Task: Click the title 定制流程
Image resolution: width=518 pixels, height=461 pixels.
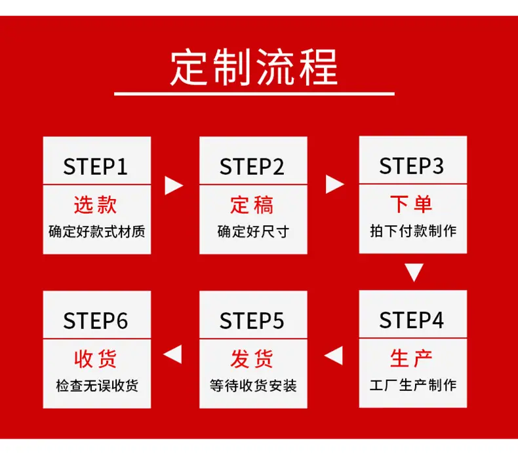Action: click(254, 67)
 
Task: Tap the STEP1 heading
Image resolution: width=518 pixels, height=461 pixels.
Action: click(96, 166)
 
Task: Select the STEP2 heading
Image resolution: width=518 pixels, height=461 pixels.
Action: click(252, 166)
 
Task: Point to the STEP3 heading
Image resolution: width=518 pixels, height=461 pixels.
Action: click(411, 166)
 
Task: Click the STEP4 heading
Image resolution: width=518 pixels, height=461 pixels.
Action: click(411, 320)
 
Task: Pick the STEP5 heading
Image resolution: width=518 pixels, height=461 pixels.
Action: click(252, 321)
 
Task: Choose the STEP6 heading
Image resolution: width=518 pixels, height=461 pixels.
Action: click(96, 321)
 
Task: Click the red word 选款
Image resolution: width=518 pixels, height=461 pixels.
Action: click(96, 204)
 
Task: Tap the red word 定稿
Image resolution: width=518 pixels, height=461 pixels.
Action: click(252, 204)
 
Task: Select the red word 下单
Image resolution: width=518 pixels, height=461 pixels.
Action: click(411, 204)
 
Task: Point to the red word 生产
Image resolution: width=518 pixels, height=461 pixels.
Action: click(411, 358)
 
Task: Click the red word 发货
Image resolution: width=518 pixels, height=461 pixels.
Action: click(252, 359)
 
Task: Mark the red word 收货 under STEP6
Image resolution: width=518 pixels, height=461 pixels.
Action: click(96, 359)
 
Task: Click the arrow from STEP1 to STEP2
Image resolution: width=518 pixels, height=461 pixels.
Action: click(174, 185)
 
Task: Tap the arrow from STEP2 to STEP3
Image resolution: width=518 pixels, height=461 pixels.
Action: click(334, 184)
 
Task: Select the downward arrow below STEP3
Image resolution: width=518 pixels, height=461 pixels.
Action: click(414, 272)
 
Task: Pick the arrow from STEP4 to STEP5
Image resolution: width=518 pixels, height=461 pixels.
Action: click(333, 356)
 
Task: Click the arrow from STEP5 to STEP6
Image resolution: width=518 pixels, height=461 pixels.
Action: click(172, 354)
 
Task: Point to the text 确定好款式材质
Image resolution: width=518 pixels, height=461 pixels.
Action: click(97, 231)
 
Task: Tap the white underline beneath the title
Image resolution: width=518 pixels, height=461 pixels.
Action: click(254, 94)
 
